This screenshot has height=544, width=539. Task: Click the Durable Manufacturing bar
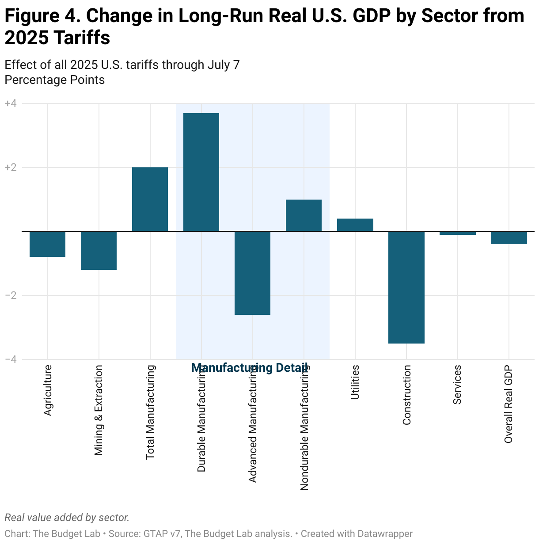pyautogui.click(x=201, y=172)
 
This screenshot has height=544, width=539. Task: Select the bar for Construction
pyautogui.click(x=406, y=287)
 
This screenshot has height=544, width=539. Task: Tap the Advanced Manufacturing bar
pyautogui.click(x=252, y=273)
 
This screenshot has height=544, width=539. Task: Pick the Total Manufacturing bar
pyautogui.click(x=150, y=199)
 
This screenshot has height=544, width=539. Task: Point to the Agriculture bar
pyautogui.click(x=47, y=244)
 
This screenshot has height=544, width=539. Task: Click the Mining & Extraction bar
pyautogui.click(x=99, y=250)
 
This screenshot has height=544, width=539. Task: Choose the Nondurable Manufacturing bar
pyautogui.click(x=304, y=215)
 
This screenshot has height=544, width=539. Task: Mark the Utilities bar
pyautogui.click(x=355, y=225)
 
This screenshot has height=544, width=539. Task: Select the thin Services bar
pyautogui.click(x=457, y=233)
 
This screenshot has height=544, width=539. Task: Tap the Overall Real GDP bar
pyautogui.click(x=509, y=238)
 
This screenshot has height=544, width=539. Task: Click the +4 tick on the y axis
pyautogui.click(x=11, y=103)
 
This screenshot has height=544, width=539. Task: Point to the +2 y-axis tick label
pyautogui.click(x=11, y=167)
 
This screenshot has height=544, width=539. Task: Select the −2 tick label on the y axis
pyautogui.click(x=11, y=295)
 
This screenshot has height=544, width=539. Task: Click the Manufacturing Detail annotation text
pyautogui.click(x=250, y=368)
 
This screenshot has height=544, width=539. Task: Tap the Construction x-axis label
pyautogui.click(x=407, y=395)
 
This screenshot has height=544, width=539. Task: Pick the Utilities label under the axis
pyautogui.click(x=355, y=382)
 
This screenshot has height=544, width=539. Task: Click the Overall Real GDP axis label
pyautogui.click(x=509, y=404)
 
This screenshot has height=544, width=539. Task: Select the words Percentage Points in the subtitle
pyautogui.click(x=55, y=80)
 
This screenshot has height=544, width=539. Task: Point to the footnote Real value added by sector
pyautogui.click(x=67, y=518)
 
